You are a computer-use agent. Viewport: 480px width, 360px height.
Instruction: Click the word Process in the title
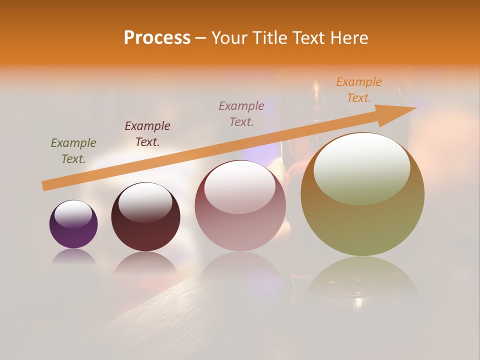pyautogui.click(x=157, y=38)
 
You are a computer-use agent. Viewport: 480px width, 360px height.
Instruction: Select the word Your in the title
pyautogui.click(x=228, y=38)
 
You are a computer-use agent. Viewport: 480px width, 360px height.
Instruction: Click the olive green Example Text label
pyautogui.click(x=73, y=151)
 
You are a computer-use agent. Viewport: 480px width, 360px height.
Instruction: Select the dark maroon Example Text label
pyautogui.click(x=147, y=134)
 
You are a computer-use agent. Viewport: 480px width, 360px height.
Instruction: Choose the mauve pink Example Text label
pyautogui.click(x=241, y=113)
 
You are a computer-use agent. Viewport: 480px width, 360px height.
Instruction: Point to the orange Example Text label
pyautogui.click(x=359, y=90)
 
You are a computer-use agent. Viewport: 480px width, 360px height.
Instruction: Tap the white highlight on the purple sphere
pyautogui.click(x=73, y=214)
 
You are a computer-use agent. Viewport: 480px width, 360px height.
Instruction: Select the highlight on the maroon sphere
pyautogui.click(x=145, y=202)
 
